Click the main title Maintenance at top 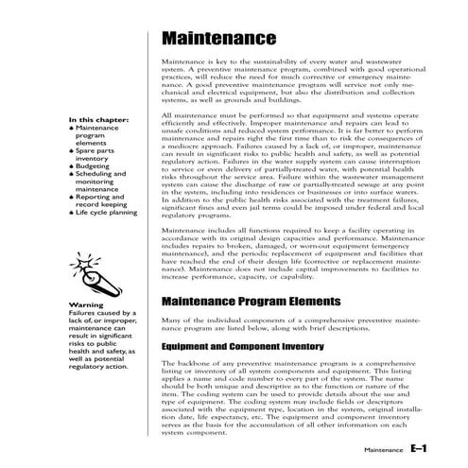click(x=219, y=41)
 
